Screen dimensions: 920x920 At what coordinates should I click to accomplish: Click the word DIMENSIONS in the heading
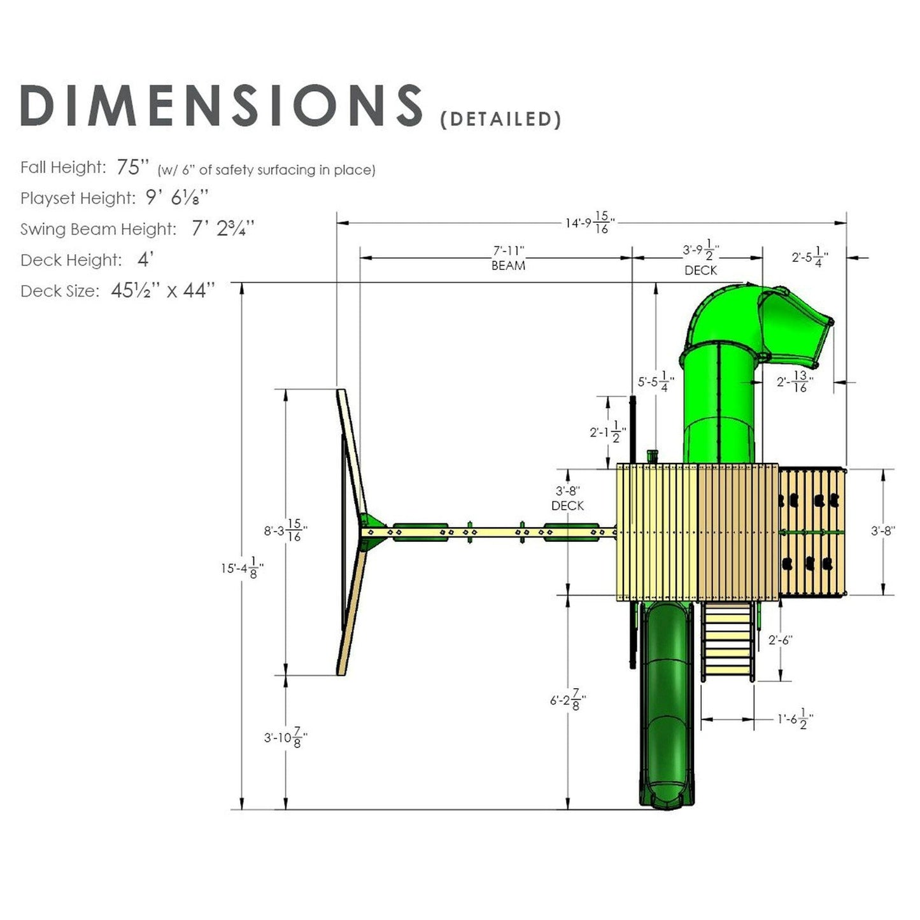tap(221, 105)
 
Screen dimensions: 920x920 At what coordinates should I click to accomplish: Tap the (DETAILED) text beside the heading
tap(500, 120)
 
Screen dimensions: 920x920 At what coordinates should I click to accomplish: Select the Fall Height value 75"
tap(132, 167)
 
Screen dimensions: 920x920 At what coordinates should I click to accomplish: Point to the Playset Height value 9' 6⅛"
tap(177, 198)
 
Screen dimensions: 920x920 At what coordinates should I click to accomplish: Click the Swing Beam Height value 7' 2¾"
tap(223, 229)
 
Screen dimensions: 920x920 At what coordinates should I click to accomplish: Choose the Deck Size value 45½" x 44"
tap(163, 291)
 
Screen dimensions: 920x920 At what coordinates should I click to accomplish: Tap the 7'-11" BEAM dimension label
tap(508, 258)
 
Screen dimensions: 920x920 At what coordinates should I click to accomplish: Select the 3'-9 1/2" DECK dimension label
tap(701, 259)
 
